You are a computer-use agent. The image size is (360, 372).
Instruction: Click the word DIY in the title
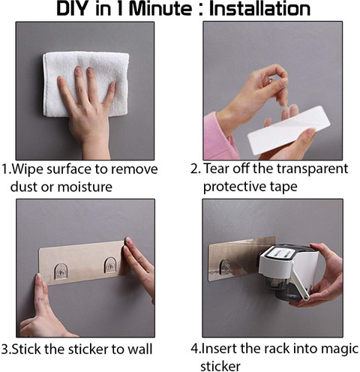click(73, 9)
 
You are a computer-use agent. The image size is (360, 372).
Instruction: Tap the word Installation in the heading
click(259, 9)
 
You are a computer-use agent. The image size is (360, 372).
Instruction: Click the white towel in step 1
click(86, 84)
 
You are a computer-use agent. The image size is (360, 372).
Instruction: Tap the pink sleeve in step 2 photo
click(219, 136)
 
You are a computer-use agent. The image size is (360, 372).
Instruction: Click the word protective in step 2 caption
click(234, 187)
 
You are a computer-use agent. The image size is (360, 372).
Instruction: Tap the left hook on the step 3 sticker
click(61, 271)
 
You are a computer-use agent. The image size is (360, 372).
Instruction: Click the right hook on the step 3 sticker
click(110, 265)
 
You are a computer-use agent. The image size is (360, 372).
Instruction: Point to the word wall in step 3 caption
click(140, 349)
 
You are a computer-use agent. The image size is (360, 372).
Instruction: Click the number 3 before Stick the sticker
click(4, 349)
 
